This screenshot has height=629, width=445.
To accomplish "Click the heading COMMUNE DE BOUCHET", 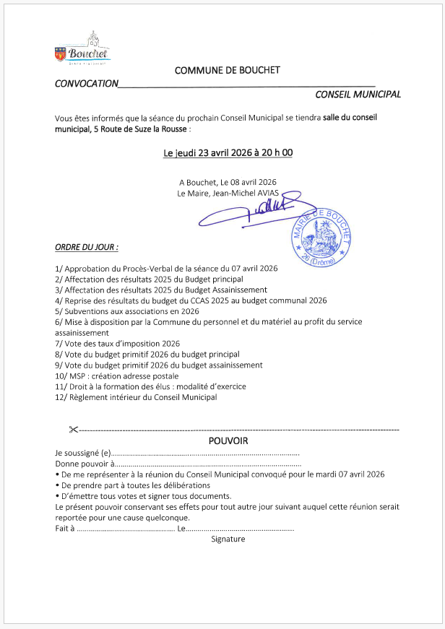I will point(227,70).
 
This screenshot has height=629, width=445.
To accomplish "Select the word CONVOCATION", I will point(86,84).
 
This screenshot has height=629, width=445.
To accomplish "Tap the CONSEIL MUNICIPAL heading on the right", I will point(358,95).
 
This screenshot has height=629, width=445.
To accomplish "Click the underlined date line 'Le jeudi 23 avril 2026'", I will point(228,153).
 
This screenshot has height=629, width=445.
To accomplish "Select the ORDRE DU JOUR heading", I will point(87,248).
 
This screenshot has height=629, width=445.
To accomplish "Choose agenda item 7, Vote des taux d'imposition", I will point(117,344).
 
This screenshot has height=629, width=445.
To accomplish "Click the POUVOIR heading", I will point(228,441).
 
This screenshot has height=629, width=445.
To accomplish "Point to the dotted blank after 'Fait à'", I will point(125,529).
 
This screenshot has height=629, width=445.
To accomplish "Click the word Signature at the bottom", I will point(228,539).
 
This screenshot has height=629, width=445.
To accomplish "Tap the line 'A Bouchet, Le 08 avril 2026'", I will point(228,182).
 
